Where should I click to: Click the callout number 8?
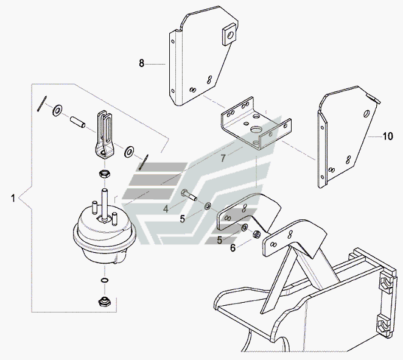tap(142, 63)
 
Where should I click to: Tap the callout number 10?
tap(388, 136)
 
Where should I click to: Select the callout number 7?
tap(223, 158)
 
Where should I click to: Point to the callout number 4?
tap(166, 209)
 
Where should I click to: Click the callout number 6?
tap(233, 248)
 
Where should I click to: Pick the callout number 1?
tap(13, 198)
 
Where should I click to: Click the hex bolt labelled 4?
tap(189, 195)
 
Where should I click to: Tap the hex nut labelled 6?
tap(256, 234)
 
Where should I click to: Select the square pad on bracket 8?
tap(230, 34)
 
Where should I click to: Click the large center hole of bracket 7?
tap(256, 130)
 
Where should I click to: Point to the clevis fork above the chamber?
tap(104, 135)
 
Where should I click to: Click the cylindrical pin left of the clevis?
tap(78, 122)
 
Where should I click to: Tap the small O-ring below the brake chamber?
tap(105, 280)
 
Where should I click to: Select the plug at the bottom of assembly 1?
tap(105, 302)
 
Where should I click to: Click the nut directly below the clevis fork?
tap(105, 174)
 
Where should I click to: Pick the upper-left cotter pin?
tap(41, 104)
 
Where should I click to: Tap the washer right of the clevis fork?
tap(128, 152)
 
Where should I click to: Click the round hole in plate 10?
tap(366, 113)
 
